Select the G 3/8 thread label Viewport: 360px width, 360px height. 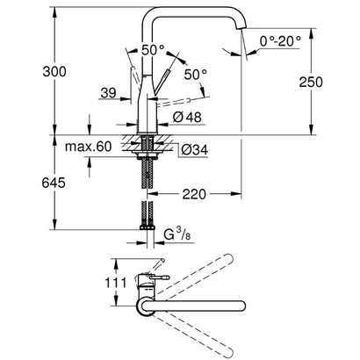click(181, 235)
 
